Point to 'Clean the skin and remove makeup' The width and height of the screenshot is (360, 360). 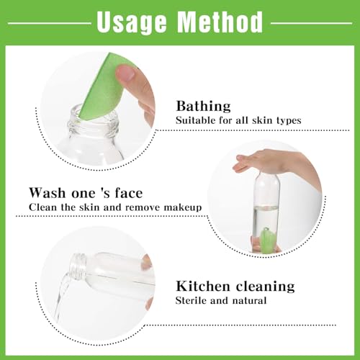click(x=116, y=207)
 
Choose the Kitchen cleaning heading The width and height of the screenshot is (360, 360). click(x=235, y=287)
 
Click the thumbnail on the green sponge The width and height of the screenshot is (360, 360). click(x=126, y=73)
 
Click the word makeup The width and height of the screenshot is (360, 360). click(x=181, y=207)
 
